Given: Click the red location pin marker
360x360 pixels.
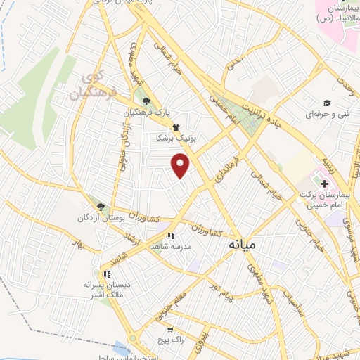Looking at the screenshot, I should coord(181,165).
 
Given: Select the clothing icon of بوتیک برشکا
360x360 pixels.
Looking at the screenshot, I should coord(174,128).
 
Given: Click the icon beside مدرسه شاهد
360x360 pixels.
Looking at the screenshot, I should coord(169,236).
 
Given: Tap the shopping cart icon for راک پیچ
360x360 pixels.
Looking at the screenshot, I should coord(170,328).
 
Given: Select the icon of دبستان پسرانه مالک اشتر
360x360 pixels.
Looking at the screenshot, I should coord(106,274).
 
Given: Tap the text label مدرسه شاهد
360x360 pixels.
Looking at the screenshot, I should coord(170,247).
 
